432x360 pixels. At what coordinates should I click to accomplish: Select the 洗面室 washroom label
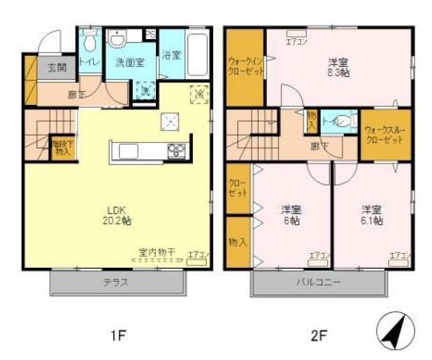129,62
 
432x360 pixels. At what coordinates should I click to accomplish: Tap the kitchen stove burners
175,151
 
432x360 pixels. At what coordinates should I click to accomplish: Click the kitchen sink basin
131,152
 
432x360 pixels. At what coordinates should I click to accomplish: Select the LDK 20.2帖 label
119,216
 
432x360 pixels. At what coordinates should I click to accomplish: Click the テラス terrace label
117,283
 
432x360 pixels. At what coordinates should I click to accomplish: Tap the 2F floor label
318,336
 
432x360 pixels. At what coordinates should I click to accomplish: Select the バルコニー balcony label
319,283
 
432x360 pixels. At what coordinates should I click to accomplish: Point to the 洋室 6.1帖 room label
370,215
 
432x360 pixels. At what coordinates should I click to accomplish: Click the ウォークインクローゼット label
244,67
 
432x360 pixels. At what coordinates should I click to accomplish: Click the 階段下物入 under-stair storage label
62,147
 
